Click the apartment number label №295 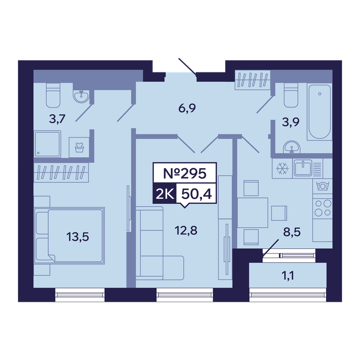pos(185,174)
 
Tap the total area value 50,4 pos(196,194)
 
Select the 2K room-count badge pos(165,194)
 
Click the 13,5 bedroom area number pos(78,237)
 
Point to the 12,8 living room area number pos(186,230)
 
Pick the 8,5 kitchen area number pos(292,232)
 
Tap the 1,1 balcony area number pos(287,275)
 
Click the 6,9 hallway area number pos(187,108)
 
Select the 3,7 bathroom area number pos(58,119)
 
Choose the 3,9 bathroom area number pos(291,122)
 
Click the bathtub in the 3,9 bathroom pos(319,112)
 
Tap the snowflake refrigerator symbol pos(282,169)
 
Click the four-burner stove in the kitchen pos(322,208)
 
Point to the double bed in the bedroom pos(69,236)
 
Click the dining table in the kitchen pos(253,212)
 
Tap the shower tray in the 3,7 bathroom pos(47,144)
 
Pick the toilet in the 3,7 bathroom pos(53,95)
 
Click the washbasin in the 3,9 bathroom pos(292,147)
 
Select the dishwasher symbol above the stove pos(322,186)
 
